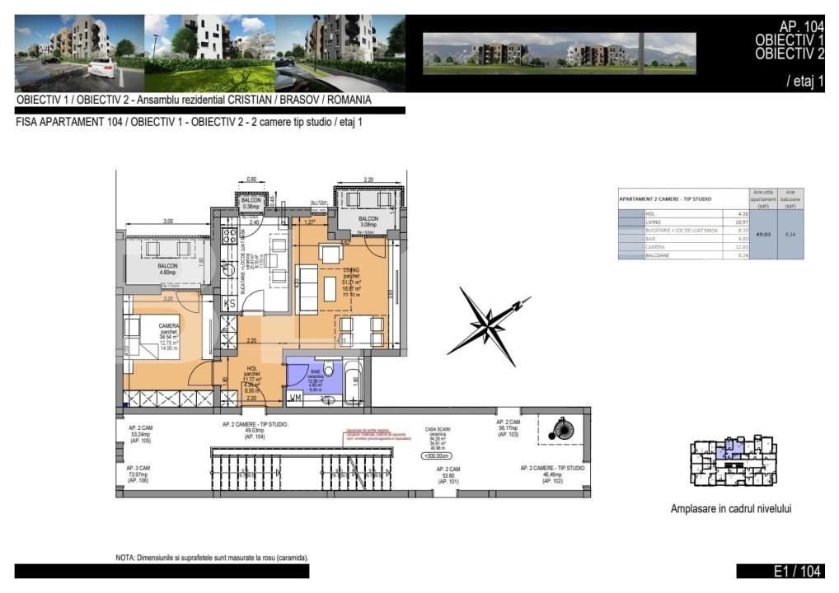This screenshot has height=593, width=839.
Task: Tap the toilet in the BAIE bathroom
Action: (x=328, y=367)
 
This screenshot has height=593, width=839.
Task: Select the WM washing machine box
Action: (x=294, y=399)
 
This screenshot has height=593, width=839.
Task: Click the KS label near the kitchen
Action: (x=232, y=304)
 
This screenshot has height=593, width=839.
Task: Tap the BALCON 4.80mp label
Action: (x=168, y=268)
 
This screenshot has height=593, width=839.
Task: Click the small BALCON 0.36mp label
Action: (x=251, y=204)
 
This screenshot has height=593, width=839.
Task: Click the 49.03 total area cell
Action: (x=762, y=235)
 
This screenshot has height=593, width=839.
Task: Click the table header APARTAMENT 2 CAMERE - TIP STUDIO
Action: (x=666, y=199)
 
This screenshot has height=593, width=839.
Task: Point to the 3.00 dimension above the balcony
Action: (x=167, y=222)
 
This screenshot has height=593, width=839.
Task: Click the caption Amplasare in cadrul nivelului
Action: (x=730, y=509)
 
